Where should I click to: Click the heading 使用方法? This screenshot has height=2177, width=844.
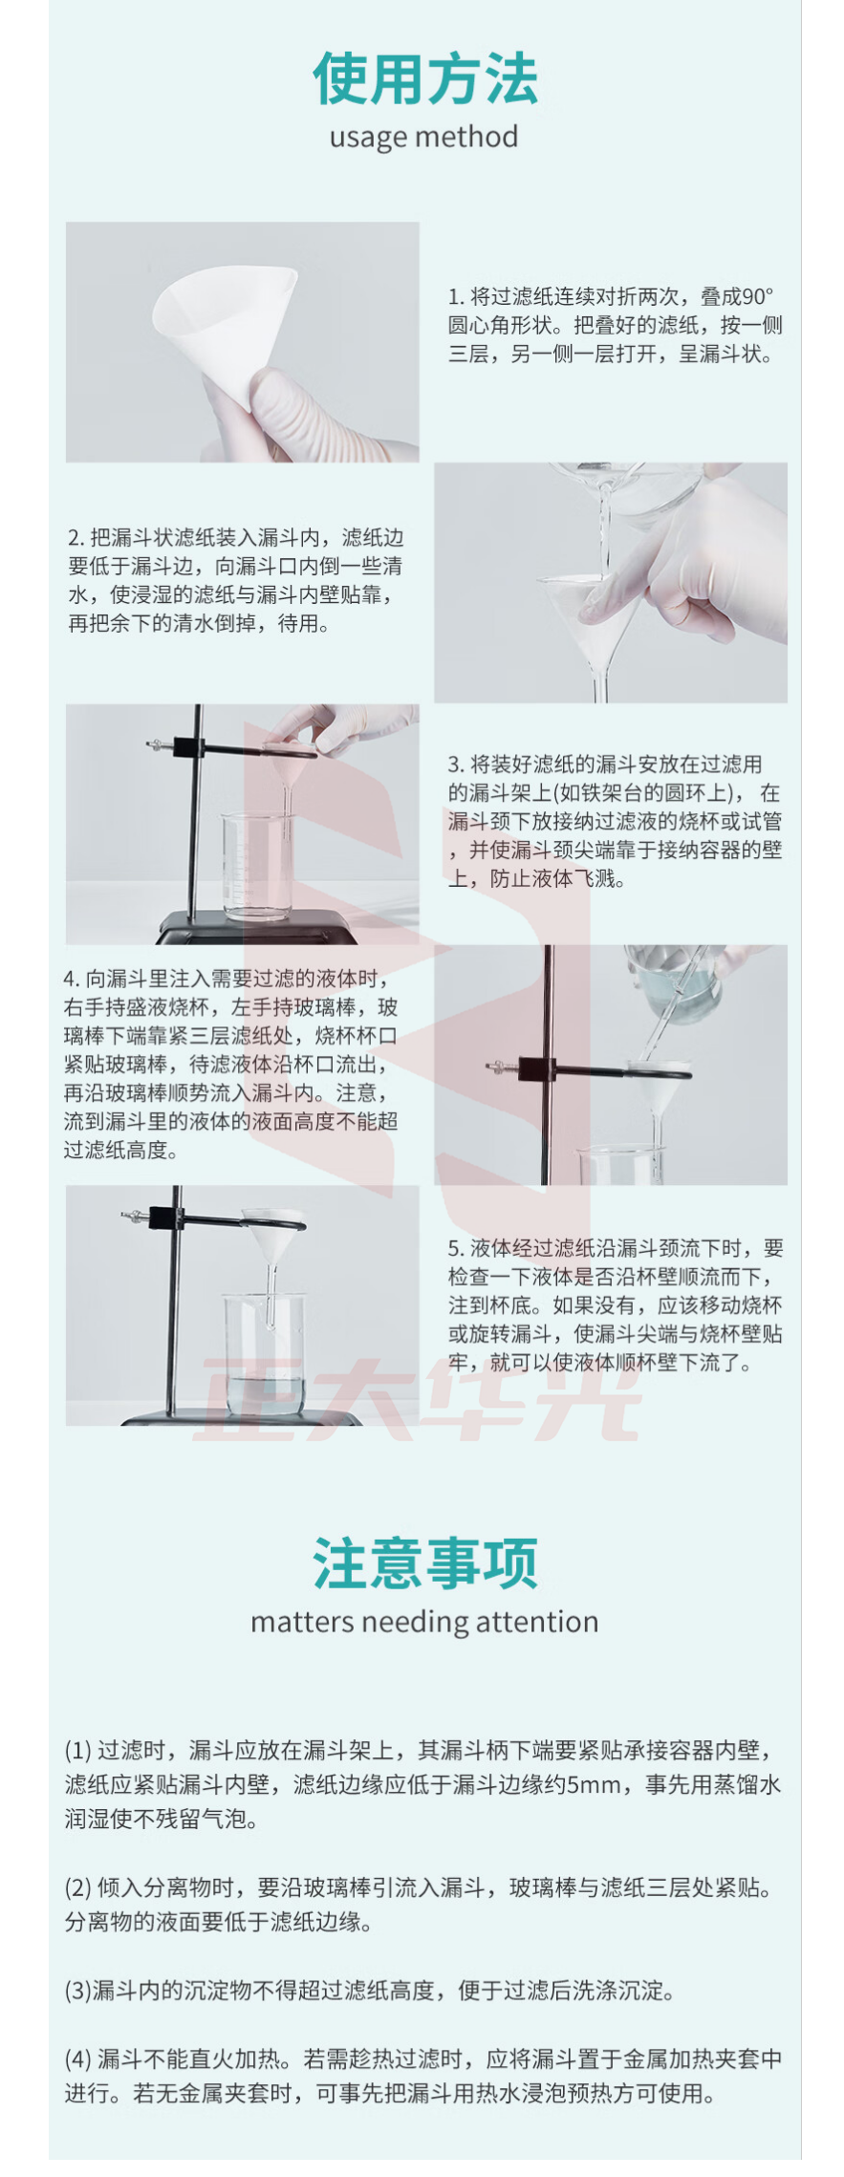pyautogui.click(x=424, y=78)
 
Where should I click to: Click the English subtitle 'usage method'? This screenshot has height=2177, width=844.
pyautogui.click(x=423, y=137)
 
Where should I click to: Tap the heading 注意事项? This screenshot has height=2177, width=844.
pyautogui.click(x=424, y=1563)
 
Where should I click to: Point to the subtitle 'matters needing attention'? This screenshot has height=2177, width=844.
pyautogui.click(x=424, y=1622)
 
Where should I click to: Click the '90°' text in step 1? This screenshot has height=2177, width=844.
pyautogui.click(x=758, y=297)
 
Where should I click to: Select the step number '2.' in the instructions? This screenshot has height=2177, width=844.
pyautogui.click(x=76, y=538)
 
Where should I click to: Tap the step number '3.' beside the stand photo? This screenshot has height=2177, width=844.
pyautogui.click(x=456, y=765)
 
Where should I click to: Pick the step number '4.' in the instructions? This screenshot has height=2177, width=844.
pyautogui.click(x=73, y=979)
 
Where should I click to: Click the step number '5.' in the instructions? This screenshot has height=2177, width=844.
pyautogui.click(x=456, y=1248)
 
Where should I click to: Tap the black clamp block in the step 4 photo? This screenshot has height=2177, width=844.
pyautogui.click(x=536, y=1067)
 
